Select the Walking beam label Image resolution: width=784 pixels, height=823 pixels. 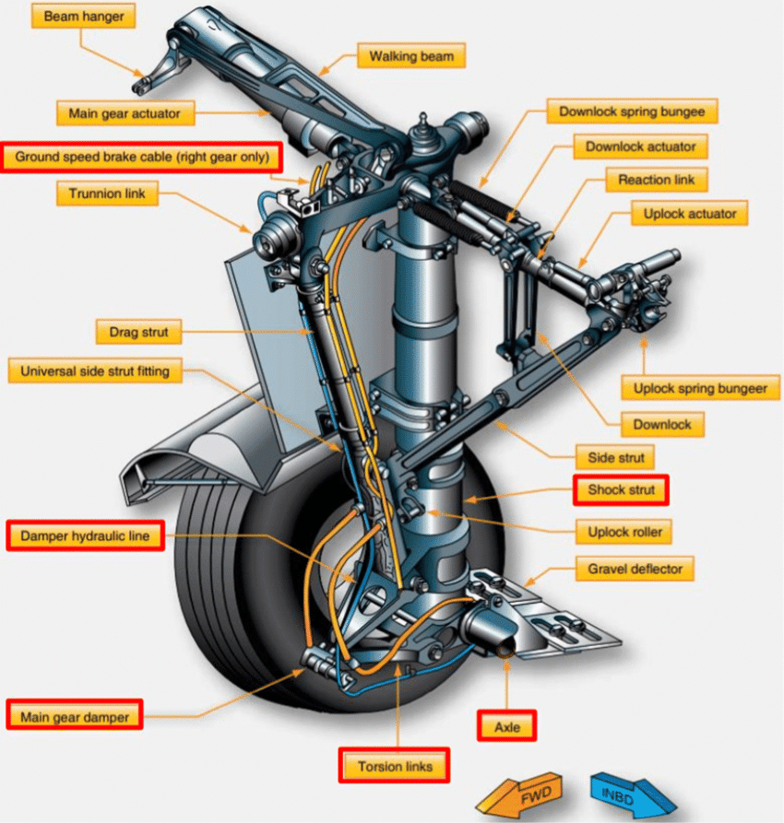pyautogui.click(x=411, y=56)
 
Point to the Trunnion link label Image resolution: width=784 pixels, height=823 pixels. pyautogui.click(x=107, y=194)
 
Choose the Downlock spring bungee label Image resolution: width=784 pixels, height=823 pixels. pyautogui.click(x=632, y=112)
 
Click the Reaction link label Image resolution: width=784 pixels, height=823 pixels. pyautogui.click(x=657, y=180)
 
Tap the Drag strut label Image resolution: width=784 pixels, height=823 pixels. pyautogui.click(x=139, y=330)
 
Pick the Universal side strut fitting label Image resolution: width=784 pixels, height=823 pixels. pyautogui.click(x=96, y=371)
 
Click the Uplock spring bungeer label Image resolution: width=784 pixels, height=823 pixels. pyautogui.click(x=700, y=388)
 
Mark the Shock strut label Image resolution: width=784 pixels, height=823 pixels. pyautogui.click(x=622, y=489)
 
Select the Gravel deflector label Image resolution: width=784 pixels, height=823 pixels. pyautogui.click(x=635, y=569)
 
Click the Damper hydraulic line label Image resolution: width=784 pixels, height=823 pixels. pyautogui.click(x=85, y=535)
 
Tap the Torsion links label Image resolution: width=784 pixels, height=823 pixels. pyautogui.click(x=394, y=765)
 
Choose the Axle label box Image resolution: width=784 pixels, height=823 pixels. pyautogui.click(x=507, y=726)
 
